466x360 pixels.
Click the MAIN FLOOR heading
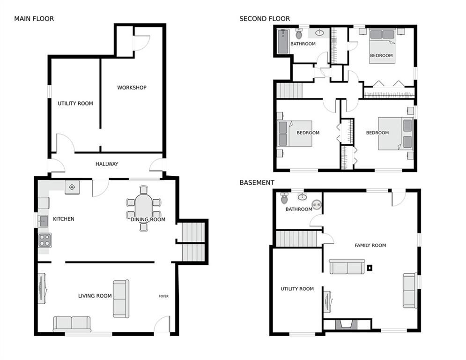coord(34,19)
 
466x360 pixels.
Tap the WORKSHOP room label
coord(132,88)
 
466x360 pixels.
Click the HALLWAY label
coord(107,164)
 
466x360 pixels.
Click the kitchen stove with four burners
coord(45,240)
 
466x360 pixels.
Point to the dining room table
coord(143,207)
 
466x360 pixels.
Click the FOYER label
coord(163,296)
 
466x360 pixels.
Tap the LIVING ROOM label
coord(95,296)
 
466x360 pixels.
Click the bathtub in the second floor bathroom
coord(283,41)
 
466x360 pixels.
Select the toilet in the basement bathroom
coord(284,199)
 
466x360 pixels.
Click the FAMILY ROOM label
coord(370,245)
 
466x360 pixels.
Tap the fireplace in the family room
coord(347,324)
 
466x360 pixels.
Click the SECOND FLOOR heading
coord(264,19)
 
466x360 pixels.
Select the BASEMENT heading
coord(257,182)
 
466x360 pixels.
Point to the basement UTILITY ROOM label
coord(297,289)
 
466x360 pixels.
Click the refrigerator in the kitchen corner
coord(72,187)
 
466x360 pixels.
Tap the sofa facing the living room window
coord(72,323)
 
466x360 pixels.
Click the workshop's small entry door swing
coord(141,43)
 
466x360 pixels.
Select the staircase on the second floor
coord(289,90)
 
